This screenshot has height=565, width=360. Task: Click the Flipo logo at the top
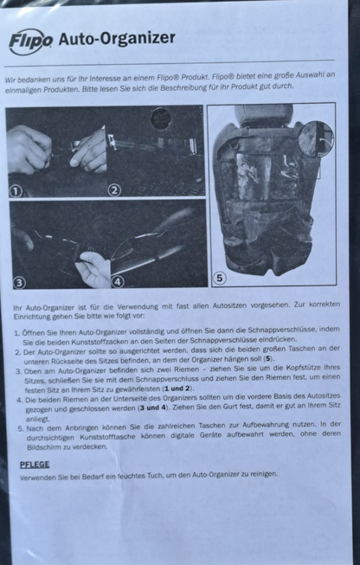[x=29, y=41]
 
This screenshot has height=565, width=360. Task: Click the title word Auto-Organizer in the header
[x=116, y=38]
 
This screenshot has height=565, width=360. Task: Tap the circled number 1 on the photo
[x=16, y=189]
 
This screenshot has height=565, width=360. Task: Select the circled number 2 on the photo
[x=114, y=189]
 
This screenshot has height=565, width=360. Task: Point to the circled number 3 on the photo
[x=18, y=281]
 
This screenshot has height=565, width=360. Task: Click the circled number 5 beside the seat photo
[x=219, y=278]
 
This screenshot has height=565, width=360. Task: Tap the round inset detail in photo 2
[x=162, y=119]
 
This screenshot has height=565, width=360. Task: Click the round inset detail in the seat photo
[x=316, y=138]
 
